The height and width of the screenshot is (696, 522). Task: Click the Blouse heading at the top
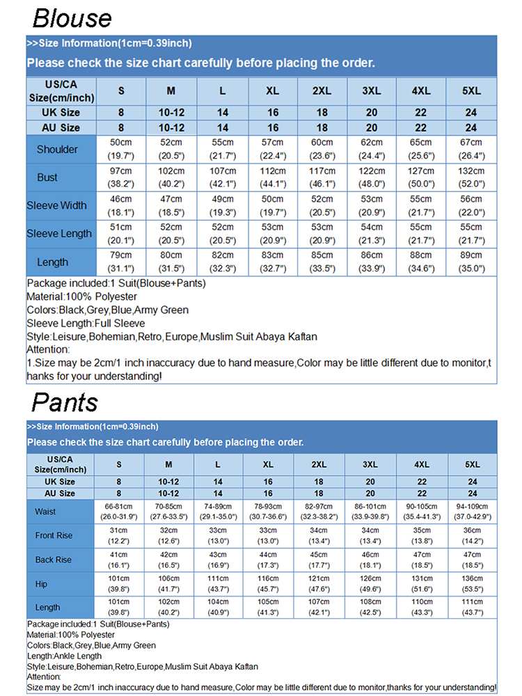pyautogui.click(x=72, y=18)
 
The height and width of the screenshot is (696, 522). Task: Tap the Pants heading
pyautogui.click(x=65, y=402)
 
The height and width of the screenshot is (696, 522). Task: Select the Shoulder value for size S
pyautogui.click(x=121, y=149)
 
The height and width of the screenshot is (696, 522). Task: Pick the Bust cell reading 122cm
pyautogui.click(x=371, y=177)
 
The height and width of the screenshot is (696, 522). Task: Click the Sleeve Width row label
pyautogui.click(x=57, y=205)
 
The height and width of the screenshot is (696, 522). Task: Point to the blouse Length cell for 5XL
pyautogui.click(x=471, y=262)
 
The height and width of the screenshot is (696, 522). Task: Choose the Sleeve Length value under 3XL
pyautogui.click(x=371, y=234)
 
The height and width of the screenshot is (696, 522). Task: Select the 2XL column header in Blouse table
pyautogui.click(x=322, y=91)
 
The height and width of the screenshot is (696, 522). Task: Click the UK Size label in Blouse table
pyautogui.click(x=61, y=112)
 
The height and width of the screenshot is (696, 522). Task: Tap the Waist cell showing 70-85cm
pyautogui.click(x=169, y=512)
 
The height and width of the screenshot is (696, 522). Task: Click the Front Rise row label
pyautogui.click(x=54, y=536)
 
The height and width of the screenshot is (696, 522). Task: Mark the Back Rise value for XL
pyautogui.click(x=268, y=560)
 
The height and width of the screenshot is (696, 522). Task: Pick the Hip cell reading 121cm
pyautogui.click(x=319, y=584)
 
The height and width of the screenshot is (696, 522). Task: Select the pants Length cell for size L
pyautogui.click(x=218, y=608)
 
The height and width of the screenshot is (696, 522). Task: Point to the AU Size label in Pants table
pyautogui.click(x=60, y=493)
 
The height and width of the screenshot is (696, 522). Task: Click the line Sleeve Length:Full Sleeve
pyautogui.click(x=86, y=323)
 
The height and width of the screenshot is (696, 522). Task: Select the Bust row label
pyautogui.click(x=47, y=177)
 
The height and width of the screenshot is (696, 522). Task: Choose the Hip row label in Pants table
pyautogui.click(x=41, y=584)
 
